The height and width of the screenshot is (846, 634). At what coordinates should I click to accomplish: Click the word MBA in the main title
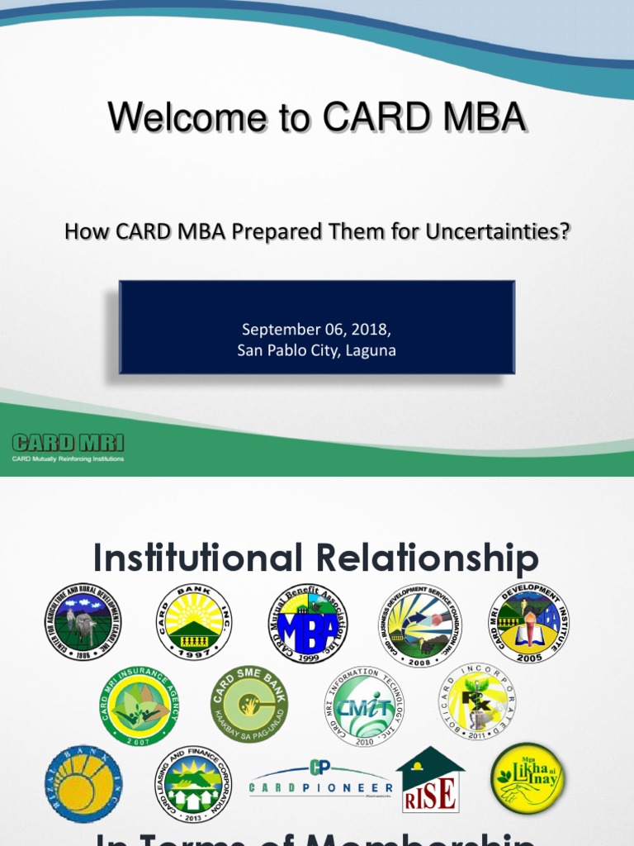[477, 118]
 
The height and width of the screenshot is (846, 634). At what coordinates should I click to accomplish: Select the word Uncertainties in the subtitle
[498, 232]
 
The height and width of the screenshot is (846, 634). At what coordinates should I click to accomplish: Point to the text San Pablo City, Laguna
[316, 350]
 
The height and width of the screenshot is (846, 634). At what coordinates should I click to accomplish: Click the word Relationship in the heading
[427, 558]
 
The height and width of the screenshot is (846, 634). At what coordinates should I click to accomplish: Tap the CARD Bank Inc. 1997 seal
[194, 621]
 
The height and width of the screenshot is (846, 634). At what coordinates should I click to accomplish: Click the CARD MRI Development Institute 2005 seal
[528, 621]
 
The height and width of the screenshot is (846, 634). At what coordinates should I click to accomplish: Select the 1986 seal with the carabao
[82, 621]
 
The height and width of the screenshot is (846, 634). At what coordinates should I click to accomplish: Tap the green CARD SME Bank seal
[249, 703]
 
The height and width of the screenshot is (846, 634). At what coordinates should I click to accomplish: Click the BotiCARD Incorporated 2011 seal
[476, 701]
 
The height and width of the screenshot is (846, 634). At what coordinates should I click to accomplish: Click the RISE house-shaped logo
[430, 781]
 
